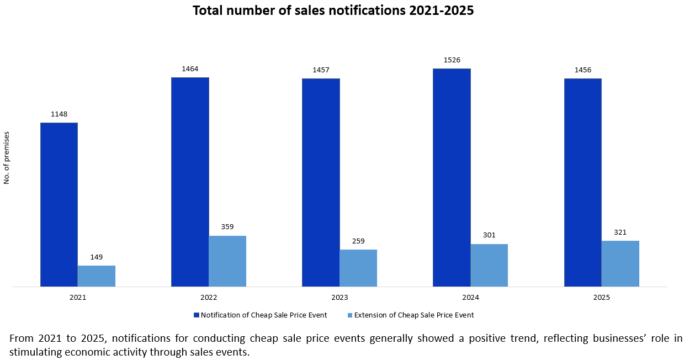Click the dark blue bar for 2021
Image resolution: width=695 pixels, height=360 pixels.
tap(59, 204)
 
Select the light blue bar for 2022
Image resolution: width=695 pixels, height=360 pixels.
tap(227, 261)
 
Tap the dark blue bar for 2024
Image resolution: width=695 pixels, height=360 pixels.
tap(452, 177)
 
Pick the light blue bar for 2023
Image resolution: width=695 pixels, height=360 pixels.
tap(358, 268)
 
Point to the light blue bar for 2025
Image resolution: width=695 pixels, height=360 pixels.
tap(620, 263)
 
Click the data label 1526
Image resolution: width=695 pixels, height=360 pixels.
tap(452, 60)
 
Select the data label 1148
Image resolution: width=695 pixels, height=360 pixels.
tap(59, 114)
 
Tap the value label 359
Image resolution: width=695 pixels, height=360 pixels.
tap(227, 227)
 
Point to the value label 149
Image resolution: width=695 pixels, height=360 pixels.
tap(97, 257)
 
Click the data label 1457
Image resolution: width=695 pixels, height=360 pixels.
tap(321, 70)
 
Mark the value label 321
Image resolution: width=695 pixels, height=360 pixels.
tap(620, 232)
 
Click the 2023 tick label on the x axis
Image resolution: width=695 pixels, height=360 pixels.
tap(339, 297)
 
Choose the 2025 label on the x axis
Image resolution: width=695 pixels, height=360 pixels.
tap(602, 297)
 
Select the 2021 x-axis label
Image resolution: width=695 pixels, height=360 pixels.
tap(78, 297)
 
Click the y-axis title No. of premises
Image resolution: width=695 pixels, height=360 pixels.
tap(7, 157)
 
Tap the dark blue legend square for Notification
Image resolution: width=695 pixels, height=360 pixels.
tap(196, 315)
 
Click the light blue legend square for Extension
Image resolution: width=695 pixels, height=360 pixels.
tap(349, 315)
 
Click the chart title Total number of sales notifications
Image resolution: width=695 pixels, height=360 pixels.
tap(333, 10)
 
